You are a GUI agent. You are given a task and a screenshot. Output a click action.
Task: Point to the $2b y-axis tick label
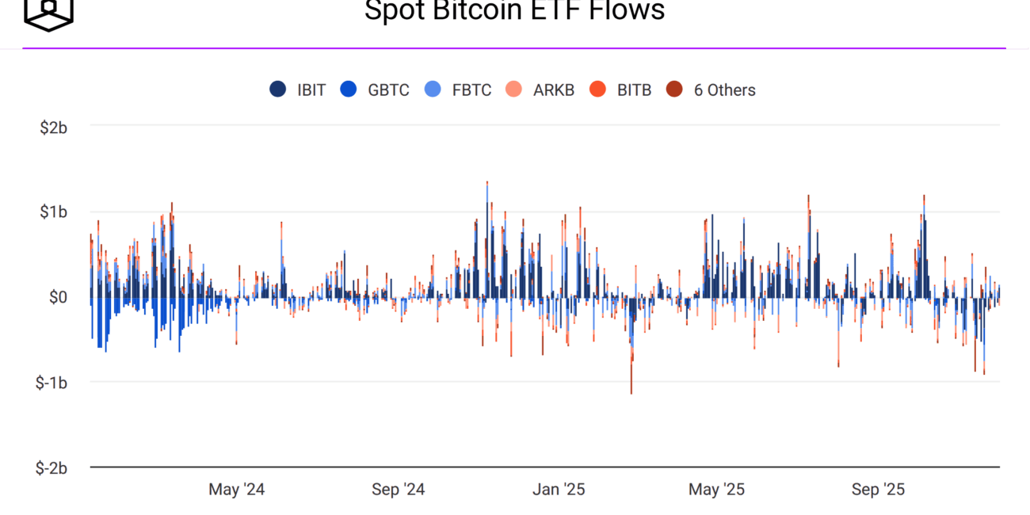53,127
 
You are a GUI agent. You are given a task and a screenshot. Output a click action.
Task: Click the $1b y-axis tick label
53,212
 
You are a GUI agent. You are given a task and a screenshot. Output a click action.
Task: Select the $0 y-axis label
58,298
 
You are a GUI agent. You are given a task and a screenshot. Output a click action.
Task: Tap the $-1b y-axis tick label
51,383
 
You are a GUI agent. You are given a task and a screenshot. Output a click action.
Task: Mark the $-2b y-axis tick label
51,468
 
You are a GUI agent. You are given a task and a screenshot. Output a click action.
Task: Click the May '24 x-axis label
236,490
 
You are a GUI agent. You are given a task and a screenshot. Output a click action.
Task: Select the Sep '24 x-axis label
398,490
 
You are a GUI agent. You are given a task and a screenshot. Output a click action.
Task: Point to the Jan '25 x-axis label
559,490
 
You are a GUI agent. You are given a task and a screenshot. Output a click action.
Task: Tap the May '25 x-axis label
716,490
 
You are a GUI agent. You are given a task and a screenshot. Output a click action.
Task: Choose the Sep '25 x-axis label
878,490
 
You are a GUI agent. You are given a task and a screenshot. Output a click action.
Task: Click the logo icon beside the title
48,13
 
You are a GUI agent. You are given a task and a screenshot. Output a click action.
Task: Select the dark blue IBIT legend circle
278,90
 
